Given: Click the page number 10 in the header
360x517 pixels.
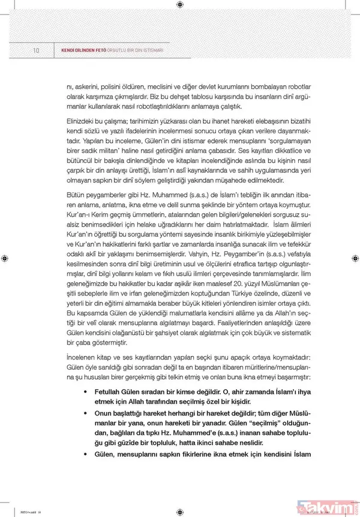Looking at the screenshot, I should click(x=36, y=50).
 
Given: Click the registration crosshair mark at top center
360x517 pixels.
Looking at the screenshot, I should click(x=180, y=5).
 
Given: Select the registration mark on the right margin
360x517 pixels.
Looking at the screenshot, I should click(x=355, y=258).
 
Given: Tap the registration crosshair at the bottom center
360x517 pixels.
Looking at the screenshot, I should click(x=180, y=511).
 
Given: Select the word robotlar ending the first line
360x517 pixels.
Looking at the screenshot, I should click(x=296, y=87).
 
